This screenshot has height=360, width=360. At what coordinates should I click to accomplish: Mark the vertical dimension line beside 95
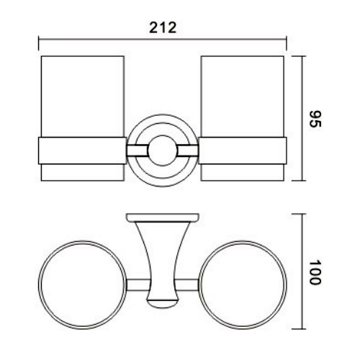pos(302,119)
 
